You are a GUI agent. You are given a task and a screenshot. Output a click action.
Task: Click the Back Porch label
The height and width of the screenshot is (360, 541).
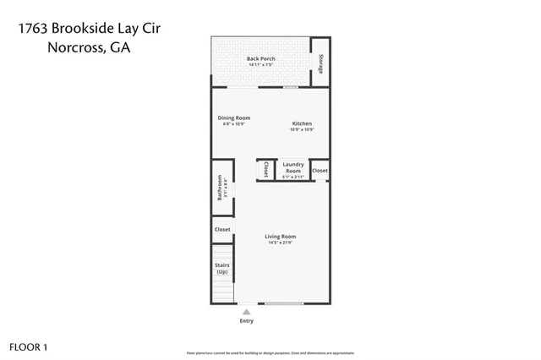(260, 58)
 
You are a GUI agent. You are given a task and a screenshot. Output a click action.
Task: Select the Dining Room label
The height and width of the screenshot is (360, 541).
(233, 118)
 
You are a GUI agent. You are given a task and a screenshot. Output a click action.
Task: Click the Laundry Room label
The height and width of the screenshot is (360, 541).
(292, 167)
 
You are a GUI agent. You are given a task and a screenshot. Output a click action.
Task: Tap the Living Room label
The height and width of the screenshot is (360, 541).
(280, 237)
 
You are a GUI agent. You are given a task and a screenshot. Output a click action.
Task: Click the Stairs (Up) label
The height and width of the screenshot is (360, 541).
(221, 269)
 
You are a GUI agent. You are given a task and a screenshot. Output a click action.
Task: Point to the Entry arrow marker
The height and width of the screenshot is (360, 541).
(246, 311)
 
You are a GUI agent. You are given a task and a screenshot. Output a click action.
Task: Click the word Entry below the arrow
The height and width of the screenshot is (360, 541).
(246, 321)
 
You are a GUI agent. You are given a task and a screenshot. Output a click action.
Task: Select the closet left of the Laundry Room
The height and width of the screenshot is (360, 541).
(266, 169)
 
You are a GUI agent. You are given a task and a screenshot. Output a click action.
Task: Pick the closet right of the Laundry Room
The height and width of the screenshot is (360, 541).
(320, 171)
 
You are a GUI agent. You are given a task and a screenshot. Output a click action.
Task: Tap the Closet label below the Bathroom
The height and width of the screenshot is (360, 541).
(221, 229)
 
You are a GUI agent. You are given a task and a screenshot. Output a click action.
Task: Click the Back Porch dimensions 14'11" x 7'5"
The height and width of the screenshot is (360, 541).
(260, 65)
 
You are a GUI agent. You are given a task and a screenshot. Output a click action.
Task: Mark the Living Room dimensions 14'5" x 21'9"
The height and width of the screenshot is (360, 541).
(280, 243)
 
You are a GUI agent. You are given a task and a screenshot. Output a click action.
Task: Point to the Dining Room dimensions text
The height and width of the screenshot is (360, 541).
(233, 125)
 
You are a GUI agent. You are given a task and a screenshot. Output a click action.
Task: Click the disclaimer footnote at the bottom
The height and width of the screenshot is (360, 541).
(270, 352)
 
